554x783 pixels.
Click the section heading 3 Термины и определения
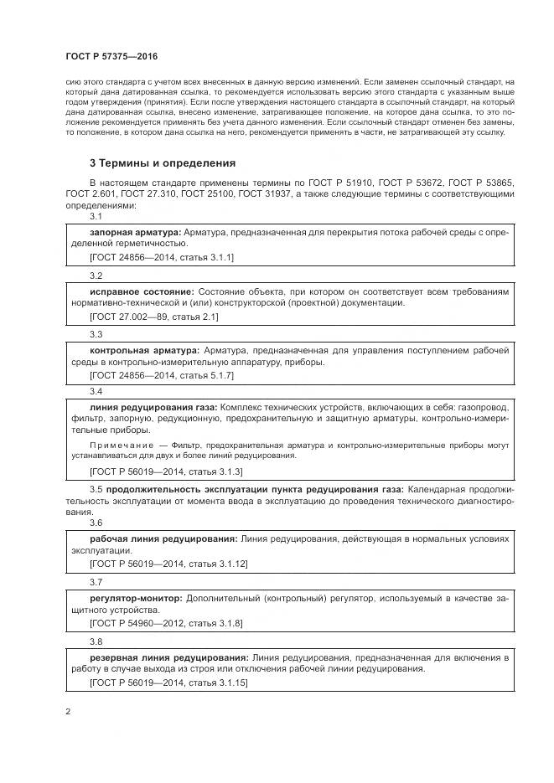tap(162, 163)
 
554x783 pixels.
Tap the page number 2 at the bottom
tap(68, 712)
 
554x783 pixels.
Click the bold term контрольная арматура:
tap(144, 349)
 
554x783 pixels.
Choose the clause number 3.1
tap(96, 216)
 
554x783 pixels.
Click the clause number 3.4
tap(96, 392)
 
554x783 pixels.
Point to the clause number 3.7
tap(96, 582)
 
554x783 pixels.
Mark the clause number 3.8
tap(96, 641)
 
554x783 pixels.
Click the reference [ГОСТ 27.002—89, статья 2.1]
tap(153, 317)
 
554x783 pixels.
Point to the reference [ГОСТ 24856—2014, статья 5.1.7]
tap(161, 376)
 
